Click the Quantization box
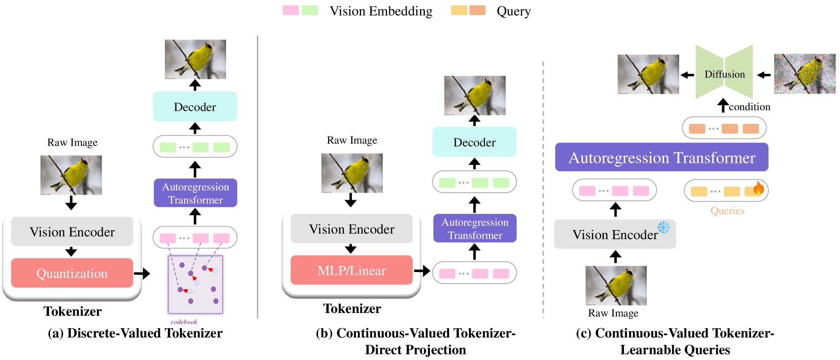(x=72, y=273)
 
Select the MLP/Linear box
(x=351, y=270)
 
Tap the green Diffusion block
(x=724, y=72)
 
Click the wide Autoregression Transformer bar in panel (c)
(x=661, y=157)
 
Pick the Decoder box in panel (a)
(x=195, y=107)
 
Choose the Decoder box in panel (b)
(x=474, y=142)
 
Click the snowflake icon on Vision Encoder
(x=664, y=227)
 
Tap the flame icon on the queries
(x=758, y=188)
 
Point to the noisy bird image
(x=805, y=73)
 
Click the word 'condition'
(x=749, y=107)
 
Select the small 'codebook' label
(x=184, y=322)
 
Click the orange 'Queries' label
(x=728, y=211)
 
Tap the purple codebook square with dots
(x=195, y=284)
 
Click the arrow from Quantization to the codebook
(x=142, y=274)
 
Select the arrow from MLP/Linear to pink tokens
(x=422, y=271)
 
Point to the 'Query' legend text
(x=514, y=11)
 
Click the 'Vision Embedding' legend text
(x=381, y=11)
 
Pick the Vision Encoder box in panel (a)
(x=72, y=232)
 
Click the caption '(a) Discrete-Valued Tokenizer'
(x=135, y=333)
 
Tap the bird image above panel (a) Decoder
(x=195, y=59)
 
